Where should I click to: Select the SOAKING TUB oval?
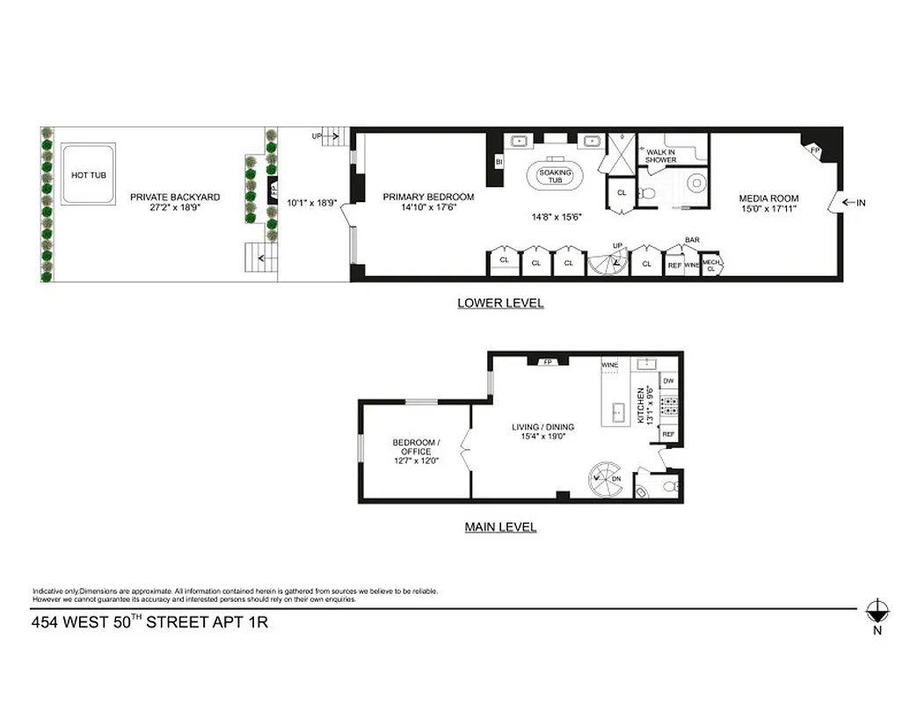point(556,176)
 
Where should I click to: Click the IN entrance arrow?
point(853,203)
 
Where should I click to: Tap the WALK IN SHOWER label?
point(660,156)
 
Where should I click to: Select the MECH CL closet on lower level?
point(711,265)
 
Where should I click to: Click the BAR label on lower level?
point(693,240)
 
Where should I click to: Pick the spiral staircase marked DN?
point(606,478)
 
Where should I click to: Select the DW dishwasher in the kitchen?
point(668,380)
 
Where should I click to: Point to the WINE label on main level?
point(609,365)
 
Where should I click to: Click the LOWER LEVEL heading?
point(500,303)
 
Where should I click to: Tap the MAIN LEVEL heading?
point(500,527)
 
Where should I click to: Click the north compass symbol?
point(876,611)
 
